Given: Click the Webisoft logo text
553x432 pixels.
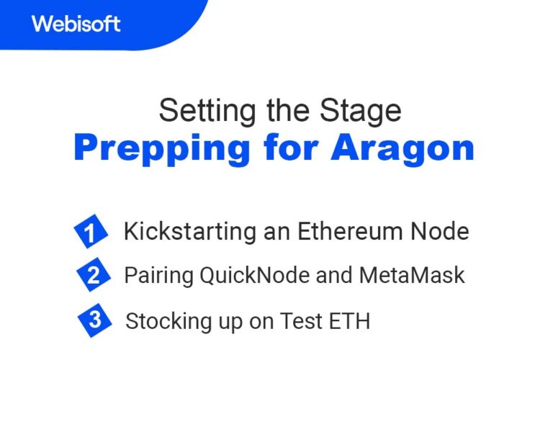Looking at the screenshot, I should (76, 23).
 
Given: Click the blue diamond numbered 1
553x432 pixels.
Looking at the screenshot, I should (91, 233).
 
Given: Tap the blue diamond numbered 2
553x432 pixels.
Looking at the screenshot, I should (94, 275).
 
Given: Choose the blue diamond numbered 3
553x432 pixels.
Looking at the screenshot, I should (94, 319).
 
